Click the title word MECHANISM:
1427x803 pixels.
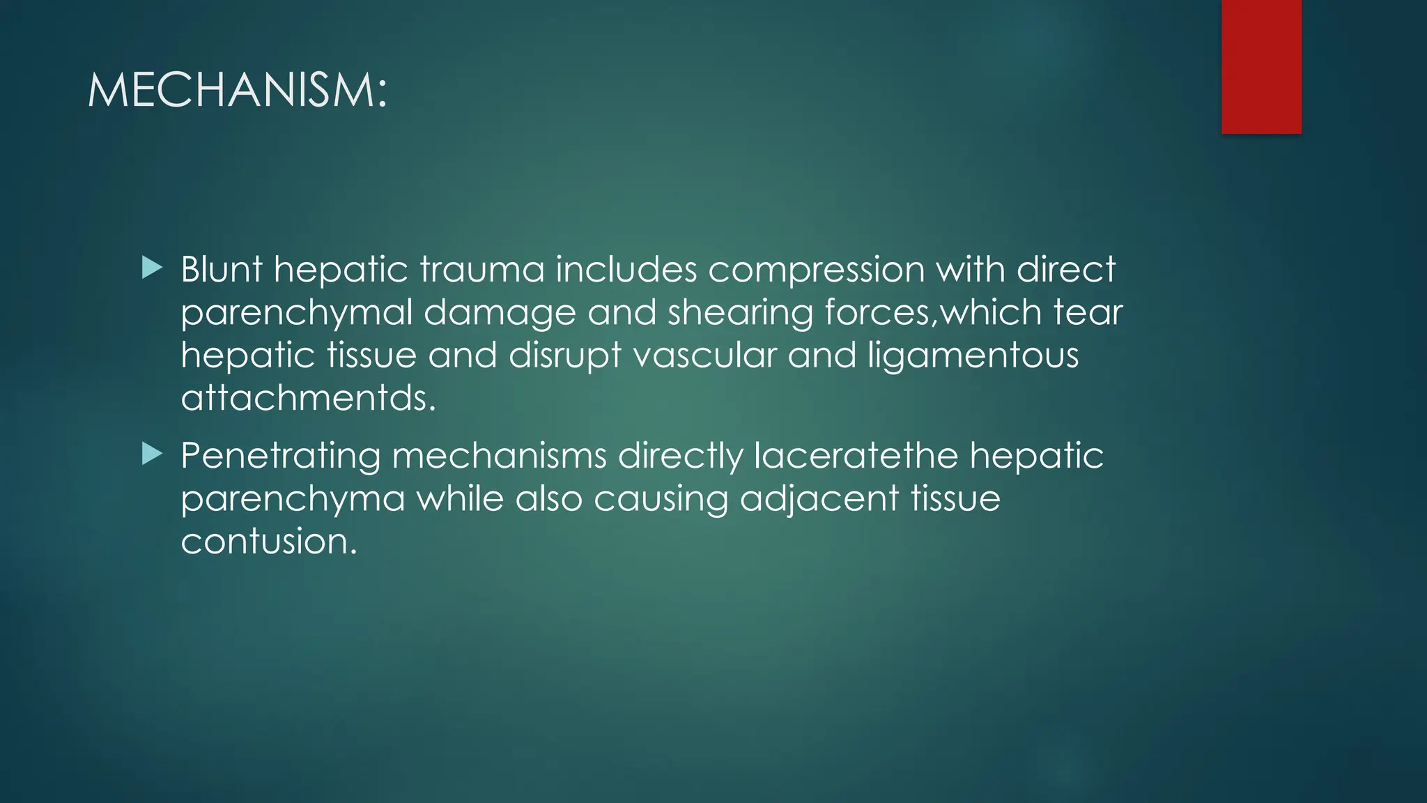237,91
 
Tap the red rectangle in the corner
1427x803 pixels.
1261,66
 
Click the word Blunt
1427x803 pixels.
222,269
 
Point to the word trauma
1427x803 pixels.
481,269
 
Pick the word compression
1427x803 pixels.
816,270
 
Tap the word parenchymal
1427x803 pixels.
297,313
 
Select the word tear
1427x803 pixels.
1088,312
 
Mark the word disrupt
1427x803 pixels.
565,355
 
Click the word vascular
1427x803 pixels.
704,355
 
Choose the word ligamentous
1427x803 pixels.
973,355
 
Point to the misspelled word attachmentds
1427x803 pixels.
308,398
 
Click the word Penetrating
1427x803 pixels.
281,457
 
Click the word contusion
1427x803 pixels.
269,542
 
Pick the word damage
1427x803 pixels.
500,313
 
